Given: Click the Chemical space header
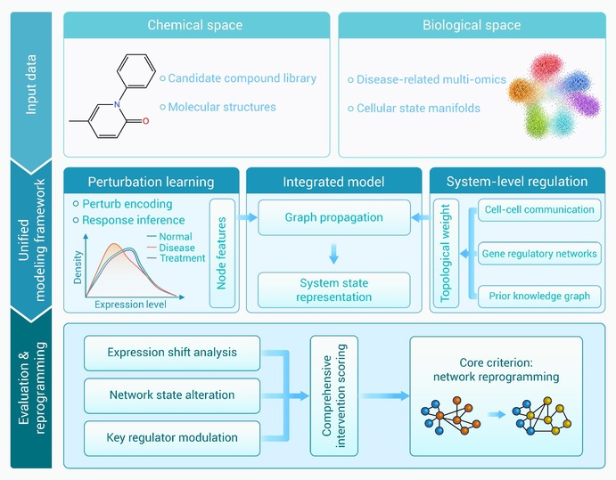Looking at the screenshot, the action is (x=196, y=25).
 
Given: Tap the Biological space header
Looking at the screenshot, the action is (x=472, y=25).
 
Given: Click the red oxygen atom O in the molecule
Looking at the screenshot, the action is (x=145, y=121).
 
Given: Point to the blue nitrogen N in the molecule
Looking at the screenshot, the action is (x=117, y=104).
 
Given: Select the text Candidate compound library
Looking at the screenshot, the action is (x=242, y=78).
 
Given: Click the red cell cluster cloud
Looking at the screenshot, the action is (x=546, y=67).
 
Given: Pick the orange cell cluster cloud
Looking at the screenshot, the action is (x=523, y=91).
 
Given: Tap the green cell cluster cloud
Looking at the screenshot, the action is (x=536, y=122).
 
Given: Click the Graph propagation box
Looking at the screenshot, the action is (x=334, y=217).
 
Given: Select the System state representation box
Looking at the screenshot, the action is (x=334, y=290).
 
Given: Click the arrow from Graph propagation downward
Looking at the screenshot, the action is (x=334, y=254).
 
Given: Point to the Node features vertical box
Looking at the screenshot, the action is (x=222, y=253).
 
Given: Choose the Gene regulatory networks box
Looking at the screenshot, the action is (x=539, y=254).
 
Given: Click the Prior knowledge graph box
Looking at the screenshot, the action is (x=539, y=296).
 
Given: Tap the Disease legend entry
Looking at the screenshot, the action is (x=171, y=248).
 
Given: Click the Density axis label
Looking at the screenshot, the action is (x=78, y=267).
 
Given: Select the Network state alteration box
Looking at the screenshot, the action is (x=172, y=395).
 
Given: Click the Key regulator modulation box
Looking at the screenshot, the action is (x=172, y=438).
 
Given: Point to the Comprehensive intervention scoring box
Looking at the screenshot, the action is (x=334, y=395).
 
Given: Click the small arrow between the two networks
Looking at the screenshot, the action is (x=497, y=414).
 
